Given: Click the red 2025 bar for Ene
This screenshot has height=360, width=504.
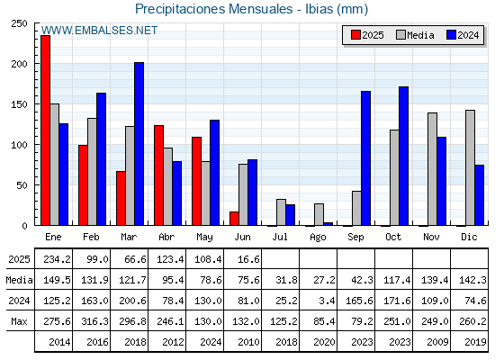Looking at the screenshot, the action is pyautogui.click(x=45, y=130).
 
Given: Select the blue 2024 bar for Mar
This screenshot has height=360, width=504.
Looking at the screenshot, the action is pyautogui.click(x=139, y=144).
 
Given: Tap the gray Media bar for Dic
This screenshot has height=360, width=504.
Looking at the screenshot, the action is pyautogui.click(x=470, y=167).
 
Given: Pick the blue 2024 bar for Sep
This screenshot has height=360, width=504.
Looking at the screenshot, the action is pyautogui.click(x=365, y=158).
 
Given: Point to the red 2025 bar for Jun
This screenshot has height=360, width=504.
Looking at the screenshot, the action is pyautogui.click(x=234, y=219).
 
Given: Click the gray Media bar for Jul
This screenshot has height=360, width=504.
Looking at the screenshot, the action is pyautogui.click(x=281, y=212).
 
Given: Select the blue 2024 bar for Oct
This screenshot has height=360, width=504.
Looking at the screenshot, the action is pyautogui.click(x=404, y=156).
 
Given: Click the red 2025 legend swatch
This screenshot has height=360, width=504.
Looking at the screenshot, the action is pyautogui.click(x=355, y=35).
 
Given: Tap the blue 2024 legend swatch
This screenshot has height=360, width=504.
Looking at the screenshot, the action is pyautogui.click(x=452, y=35).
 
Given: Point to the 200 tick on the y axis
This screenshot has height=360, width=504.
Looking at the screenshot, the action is pyautogui.click(x=19, y=64).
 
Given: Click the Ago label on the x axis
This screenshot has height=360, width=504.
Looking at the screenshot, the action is pyautogui.click(x=318, y=238).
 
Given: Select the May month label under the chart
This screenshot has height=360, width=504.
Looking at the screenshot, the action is pyautogui.click(x=204, y=238).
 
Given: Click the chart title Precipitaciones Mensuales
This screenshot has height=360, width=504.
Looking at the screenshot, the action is pyautogui.click(x=214, y=9).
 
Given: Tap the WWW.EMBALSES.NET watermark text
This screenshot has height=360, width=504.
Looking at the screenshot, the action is pyautogui.click(x=99, y=31).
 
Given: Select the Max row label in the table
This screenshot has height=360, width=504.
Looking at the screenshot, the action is pyautogui.click(x=19, y=321).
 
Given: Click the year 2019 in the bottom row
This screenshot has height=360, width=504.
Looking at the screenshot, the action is pyautogui.click(x=475, y=342).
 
